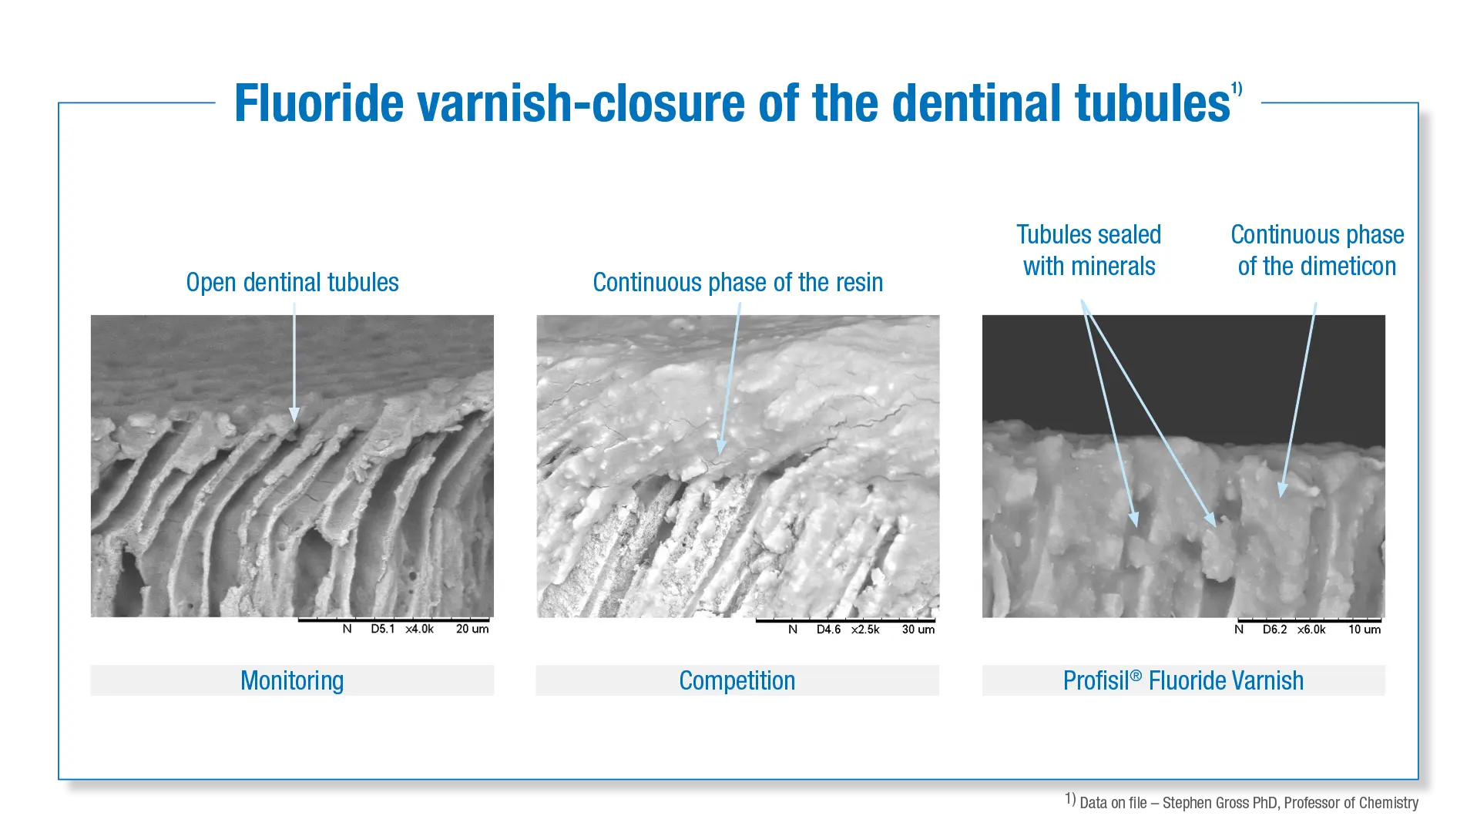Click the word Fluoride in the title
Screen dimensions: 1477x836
tap(319, 103)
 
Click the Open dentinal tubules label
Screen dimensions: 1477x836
tap(292, 283)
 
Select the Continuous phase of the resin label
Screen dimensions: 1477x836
tap(737, 283)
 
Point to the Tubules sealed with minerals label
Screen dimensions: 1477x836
tap(1089, 250)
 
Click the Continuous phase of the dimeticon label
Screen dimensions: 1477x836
tap(1317, 250)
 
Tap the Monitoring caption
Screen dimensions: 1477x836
tap(292, 681)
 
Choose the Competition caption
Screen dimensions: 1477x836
tap(737, 681)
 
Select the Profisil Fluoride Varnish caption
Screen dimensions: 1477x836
tap(1183, 681)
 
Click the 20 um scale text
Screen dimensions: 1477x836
tap(472, 630)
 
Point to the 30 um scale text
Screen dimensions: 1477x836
tap(918, 630)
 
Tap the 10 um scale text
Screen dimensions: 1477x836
tap(1365, 630)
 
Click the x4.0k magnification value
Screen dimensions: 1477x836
tap(420, 630)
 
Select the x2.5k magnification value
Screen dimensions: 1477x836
tap(865, 630)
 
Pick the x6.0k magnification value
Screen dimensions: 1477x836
tap(1311, 630)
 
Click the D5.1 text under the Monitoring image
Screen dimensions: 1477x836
tap(383, 630)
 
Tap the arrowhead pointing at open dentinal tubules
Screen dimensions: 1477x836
tap(294, 415)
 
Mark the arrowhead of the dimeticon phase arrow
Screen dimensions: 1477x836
tap(1282, 489)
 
